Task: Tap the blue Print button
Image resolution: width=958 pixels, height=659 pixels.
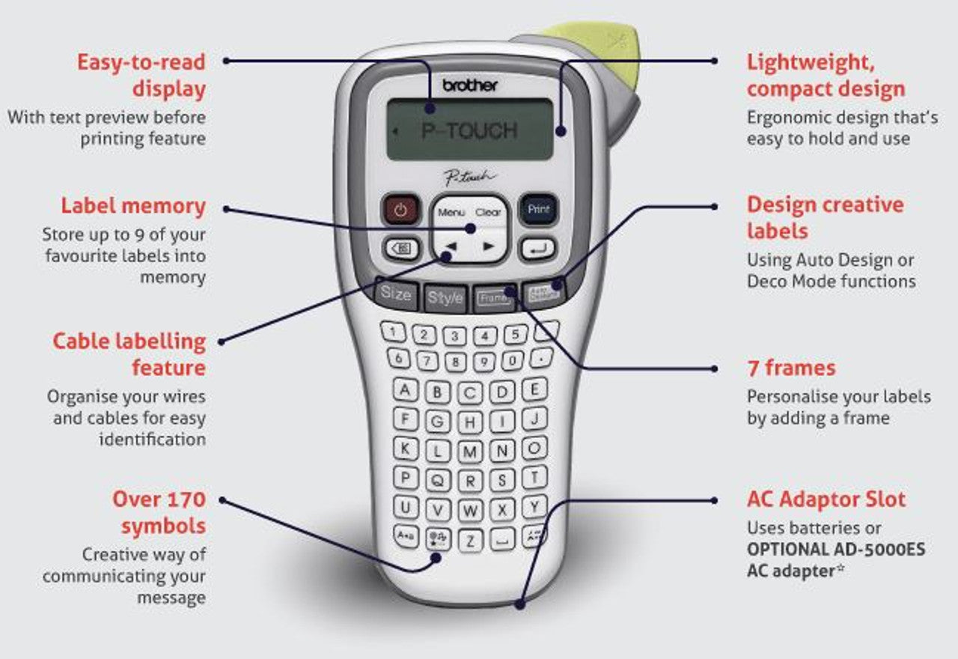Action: [539, 210]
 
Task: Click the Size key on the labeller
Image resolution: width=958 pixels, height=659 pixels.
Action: [396, 294]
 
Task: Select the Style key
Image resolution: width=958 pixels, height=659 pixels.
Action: [445, 299]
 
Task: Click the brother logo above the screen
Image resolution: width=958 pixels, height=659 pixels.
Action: [469, 85]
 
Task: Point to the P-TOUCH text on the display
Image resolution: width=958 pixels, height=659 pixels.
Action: [469, 131]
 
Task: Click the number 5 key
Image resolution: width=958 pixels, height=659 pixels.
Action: [515, 334]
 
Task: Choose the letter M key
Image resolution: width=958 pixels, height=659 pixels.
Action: [470, 452]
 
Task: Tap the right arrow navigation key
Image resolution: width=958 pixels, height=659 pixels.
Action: [489, 246]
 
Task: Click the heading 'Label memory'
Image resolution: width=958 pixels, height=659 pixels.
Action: [133, 206]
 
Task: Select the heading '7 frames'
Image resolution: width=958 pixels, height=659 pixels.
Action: [791, 368]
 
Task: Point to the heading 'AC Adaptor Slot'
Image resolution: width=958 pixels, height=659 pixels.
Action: [826, 499]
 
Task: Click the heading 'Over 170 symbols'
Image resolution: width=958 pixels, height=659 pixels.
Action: [159, 512]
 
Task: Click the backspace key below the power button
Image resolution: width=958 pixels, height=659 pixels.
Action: [400, 248]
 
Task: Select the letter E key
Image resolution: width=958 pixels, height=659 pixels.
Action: [534, 389]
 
